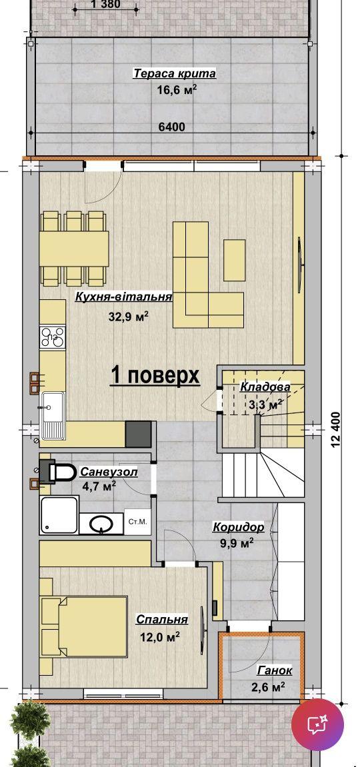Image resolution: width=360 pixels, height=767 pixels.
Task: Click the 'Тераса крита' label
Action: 175,74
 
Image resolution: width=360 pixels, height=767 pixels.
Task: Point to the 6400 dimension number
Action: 172,127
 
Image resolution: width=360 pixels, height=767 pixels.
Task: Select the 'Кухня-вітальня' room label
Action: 124,297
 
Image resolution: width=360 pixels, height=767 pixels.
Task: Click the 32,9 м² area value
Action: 128,317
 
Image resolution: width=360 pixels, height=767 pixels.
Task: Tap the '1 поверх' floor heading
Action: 155,376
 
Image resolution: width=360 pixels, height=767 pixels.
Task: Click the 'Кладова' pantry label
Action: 265,387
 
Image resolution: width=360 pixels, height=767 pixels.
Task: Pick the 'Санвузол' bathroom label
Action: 109,472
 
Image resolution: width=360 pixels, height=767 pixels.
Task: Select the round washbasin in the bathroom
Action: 101,524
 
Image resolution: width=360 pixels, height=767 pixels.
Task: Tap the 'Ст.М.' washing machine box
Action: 137,522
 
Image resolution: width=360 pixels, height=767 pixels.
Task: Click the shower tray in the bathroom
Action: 59,515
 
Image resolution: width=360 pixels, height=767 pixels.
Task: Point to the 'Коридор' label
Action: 238,527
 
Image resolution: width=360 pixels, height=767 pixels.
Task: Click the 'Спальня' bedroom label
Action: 162,619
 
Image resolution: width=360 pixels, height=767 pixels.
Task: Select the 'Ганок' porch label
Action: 275,670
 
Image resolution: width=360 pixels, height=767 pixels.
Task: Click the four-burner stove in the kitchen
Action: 53,337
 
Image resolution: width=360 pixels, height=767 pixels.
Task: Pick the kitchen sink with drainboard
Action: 53,415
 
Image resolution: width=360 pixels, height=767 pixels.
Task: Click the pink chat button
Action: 317,724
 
